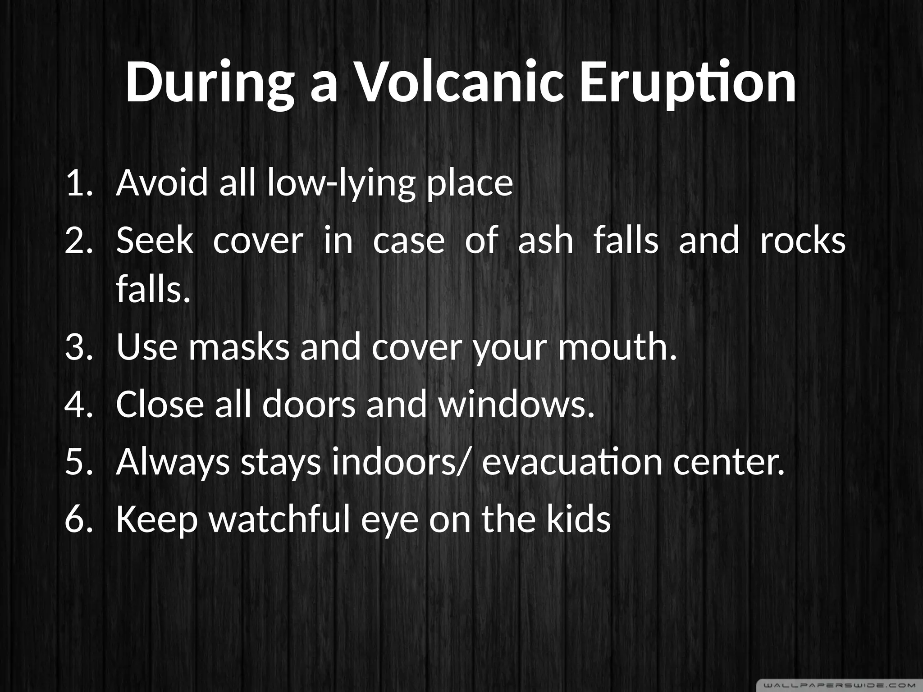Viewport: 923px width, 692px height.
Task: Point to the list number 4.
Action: coord(78,404)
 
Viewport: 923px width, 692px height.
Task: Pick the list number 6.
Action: coord(78,519)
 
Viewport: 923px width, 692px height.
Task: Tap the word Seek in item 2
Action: coord(155,241)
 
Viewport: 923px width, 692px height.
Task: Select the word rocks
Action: coord(802,241)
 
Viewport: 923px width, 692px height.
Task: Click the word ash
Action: coord(545,241)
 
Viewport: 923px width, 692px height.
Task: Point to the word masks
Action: coord(239,348)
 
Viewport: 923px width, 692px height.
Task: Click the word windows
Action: coord(516,404)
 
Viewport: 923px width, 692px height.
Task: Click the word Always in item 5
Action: coord(173,463)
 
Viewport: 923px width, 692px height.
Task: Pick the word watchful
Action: coord(280,519)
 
